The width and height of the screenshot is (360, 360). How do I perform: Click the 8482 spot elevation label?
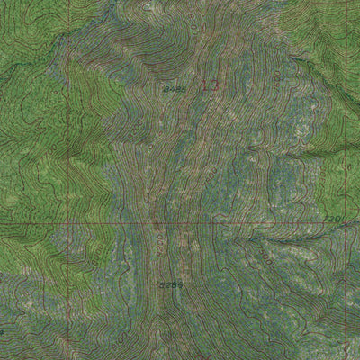tap(175, 90)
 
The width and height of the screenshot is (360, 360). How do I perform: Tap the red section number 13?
tap(209, 86)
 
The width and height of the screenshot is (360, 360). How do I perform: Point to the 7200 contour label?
tap(334, 219)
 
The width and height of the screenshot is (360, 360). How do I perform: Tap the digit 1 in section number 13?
tap(203, 86)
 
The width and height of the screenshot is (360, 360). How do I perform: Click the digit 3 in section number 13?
tap(213, 86)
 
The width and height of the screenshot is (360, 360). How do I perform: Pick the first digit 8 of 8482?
tap(167, 90)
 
